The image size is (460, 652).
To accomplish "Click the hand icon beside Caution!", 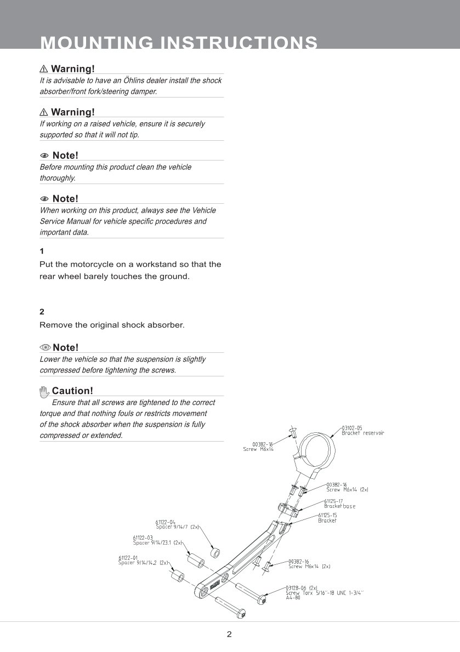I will [x=44, y=391].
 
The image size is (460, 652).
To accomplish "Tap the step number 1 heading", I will [x=42, y=251].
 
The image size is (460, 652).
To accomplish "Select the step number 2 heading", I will [x=42, y=312].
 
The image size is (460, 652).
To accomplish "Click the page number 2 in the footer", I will [x=229, y=635].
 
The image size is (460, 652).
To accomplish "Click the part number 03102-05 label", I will [x=352, y=428].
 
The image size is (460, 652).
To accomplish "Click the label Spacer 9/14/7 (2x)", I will [x=177, y=527].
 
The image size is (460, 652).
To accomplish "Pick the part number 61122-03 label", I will [x=143, y=538].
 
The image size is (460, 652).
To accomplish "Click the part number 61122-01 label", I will [x=128, y=558].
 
